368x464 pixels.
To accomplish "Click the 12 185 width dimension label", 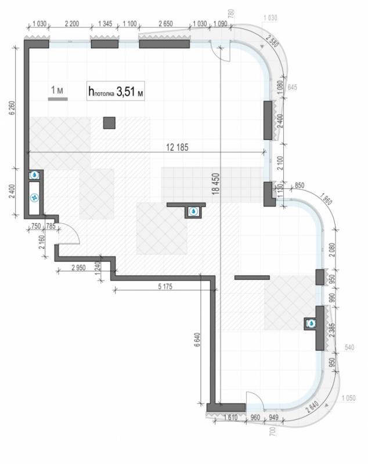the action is point(177,147).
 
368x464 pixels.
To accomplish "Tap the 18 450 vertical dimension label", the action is point(216,184).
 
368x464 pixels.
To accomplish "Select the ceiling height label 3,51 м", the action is point(129,92).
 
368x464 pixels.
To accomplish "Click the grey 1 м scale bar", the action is point(57,99).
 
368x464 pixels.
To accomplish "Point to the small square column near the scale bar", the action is point(109,123).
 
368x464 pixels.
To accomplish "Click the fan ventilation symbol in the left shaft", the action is point(35,197).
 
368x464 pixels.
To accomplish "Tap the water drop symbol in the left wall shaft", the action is point(35,175).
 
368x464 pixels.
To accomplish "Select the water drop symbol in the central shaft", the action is point(194,211).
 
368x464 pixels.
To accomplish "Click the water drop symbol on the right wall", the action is point(312,324).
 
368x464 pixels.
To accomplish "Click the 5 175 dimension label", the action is point(165,287).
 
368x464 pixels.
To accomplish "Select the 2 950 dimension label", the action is point(78,267).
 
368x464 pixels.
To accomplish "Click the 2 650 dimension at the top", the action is point(166,23).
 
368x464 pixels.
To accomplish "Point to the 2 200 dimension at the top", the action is point(71,23).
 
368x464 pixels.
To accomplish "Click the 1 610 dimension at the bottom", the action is point(230,417).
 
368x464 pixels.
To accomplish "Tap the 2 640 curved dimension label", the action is point(313,407).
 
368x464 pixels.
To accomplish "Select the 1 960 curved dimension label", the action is point(326,198).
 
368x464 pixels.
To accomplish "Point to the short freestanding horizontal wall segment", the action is point(252,278).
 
